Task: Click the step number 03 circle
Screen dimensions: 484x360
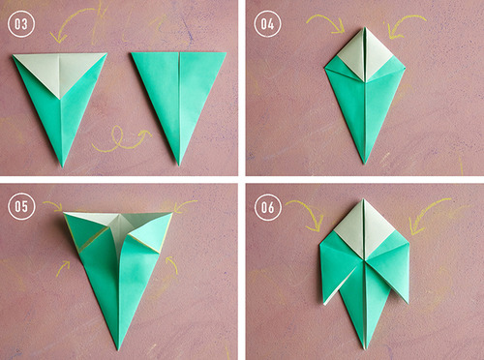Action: [21, 24]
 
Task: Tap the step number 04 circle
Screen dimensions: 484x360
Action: [267, 23]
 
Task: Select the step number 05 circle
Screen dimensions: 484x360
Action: [21, 206]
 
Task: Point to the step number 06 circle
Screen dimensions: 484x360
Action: [268, 207]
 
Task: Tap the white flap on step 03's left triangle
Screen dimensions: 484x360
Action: [60, 73]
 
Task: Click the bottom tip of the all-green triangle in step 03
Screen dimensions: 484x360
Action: [179, 165]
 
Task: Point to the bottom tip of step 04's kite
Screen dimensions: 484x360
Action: [365, 163]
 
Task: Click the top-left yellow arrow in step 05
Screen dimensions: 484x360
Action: [52, 205]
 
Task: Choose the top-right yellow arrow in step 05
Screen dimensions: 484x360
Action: [185, 204]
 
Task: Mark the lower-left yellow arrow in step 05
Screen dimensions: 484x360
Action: [63, 268]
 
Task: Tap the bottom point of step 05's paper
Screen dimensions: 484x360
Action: [118, 349]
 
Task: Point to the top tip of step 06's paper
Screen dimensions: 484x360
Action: [363, 199]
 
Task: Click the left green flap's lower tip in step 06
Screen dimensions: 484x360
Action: [324, 304]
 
